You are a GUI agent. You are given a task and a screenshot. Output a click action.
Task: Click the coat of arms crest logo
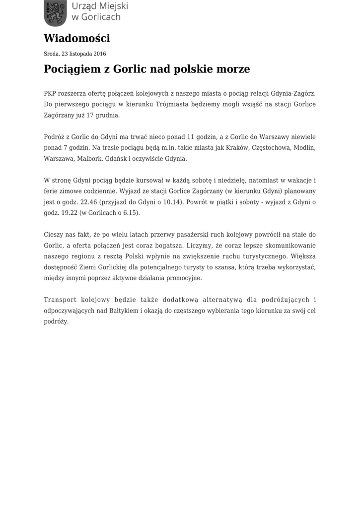point(54,13)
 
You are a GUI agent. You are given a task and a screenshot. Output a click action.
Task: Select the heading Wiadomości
point(76,38)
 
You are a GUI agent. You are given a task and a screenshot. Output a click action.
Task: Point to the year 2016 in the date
point(99,54)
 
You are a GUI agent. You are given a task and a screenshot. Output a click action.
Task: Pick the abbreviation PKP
point(50,93)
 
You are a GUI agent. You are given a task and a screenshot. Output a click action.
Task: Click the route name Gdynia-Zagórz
point(293,93)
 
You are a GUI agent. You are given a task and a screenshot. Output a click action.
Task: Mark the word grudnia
point(108,115)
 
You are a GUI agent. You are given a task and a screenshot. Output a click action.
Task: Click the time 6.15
point(131,213)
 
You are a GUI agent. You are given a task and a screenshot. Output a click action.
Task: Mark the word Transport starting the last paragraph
point(62,300)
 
